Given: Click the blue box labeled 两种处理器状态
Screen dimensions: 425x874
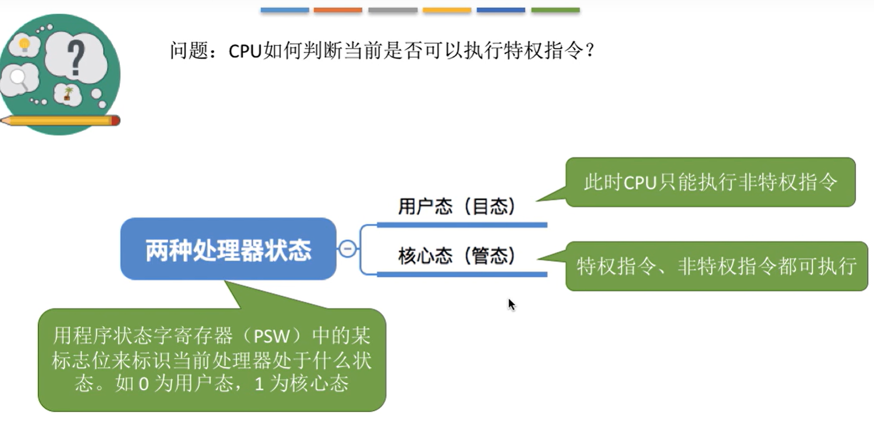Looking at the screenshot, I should click(x=228, y=249).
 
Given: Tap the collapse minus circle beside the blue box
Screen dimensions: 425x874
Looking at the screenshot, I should click(x=348, y=249).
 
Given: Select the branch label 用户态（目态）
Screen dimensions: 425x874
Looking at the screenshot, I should click(x=456, y=206).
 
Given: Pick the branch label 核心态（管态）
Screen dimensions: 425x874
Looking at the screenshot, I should click(x=456, y=256).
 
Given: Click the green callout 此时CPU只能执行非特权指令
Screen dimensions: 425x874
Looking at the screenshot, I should click(x=710, y=182).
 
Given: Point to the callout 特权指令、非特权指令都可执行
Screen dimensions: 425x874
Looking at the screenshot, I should click(x=716, y=266).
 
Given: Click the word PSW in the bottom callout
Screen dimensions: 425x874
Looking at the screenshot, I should click(x=272, y=336).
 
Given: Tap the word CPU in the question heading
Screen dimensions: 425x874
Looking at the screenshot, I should click(x=245, y=51).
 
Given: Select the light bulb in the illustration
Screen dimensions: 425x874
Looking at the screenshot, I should click(x=24, y=44).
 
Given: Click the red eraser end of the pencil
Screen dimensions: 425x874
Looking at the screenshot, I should click(x=115, y=120).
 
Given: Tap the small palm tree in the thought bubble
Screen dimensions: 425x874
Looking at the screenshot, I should click(x=68, y=93).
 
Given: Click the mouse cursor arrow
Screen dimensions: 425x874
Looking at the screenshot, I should click(x=511, y=304).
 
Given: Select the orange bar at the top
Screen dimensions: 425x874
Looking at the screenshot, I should click(x=338, y=10).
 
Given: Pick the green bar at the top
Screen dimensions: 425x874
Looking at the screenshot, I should click(x=555, y=10).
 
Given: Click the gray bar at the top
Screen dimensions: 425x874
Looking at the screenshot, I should click(x=393, y=10).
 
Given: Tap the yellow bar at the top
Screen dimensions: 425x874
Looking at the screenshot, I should click(x=447, y=10).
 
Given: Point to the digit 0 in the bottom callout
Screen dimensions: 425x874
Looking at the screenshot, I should click(x=143, y=384).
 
